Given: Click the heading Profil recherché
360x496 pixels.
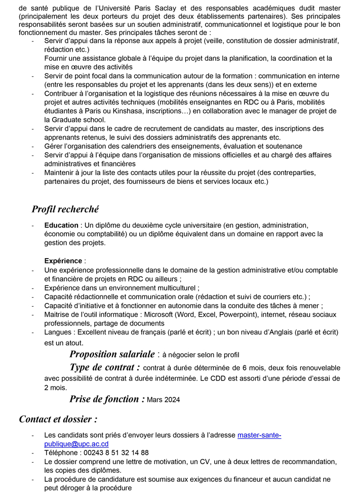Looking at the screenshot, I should point(65,209).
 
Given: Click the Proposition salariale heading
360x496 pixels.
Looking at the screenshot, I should point(112,354).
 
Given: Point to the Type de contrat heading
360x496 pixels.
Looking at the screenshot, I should point(104,367).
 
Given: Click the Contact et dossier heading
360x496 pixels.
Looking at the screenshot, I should point(58,419).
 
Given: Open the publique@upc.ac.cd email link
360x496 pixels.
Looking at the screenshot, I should point(76,444).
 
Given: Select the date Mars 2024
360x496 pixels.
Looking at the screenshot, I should point(163,400).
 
